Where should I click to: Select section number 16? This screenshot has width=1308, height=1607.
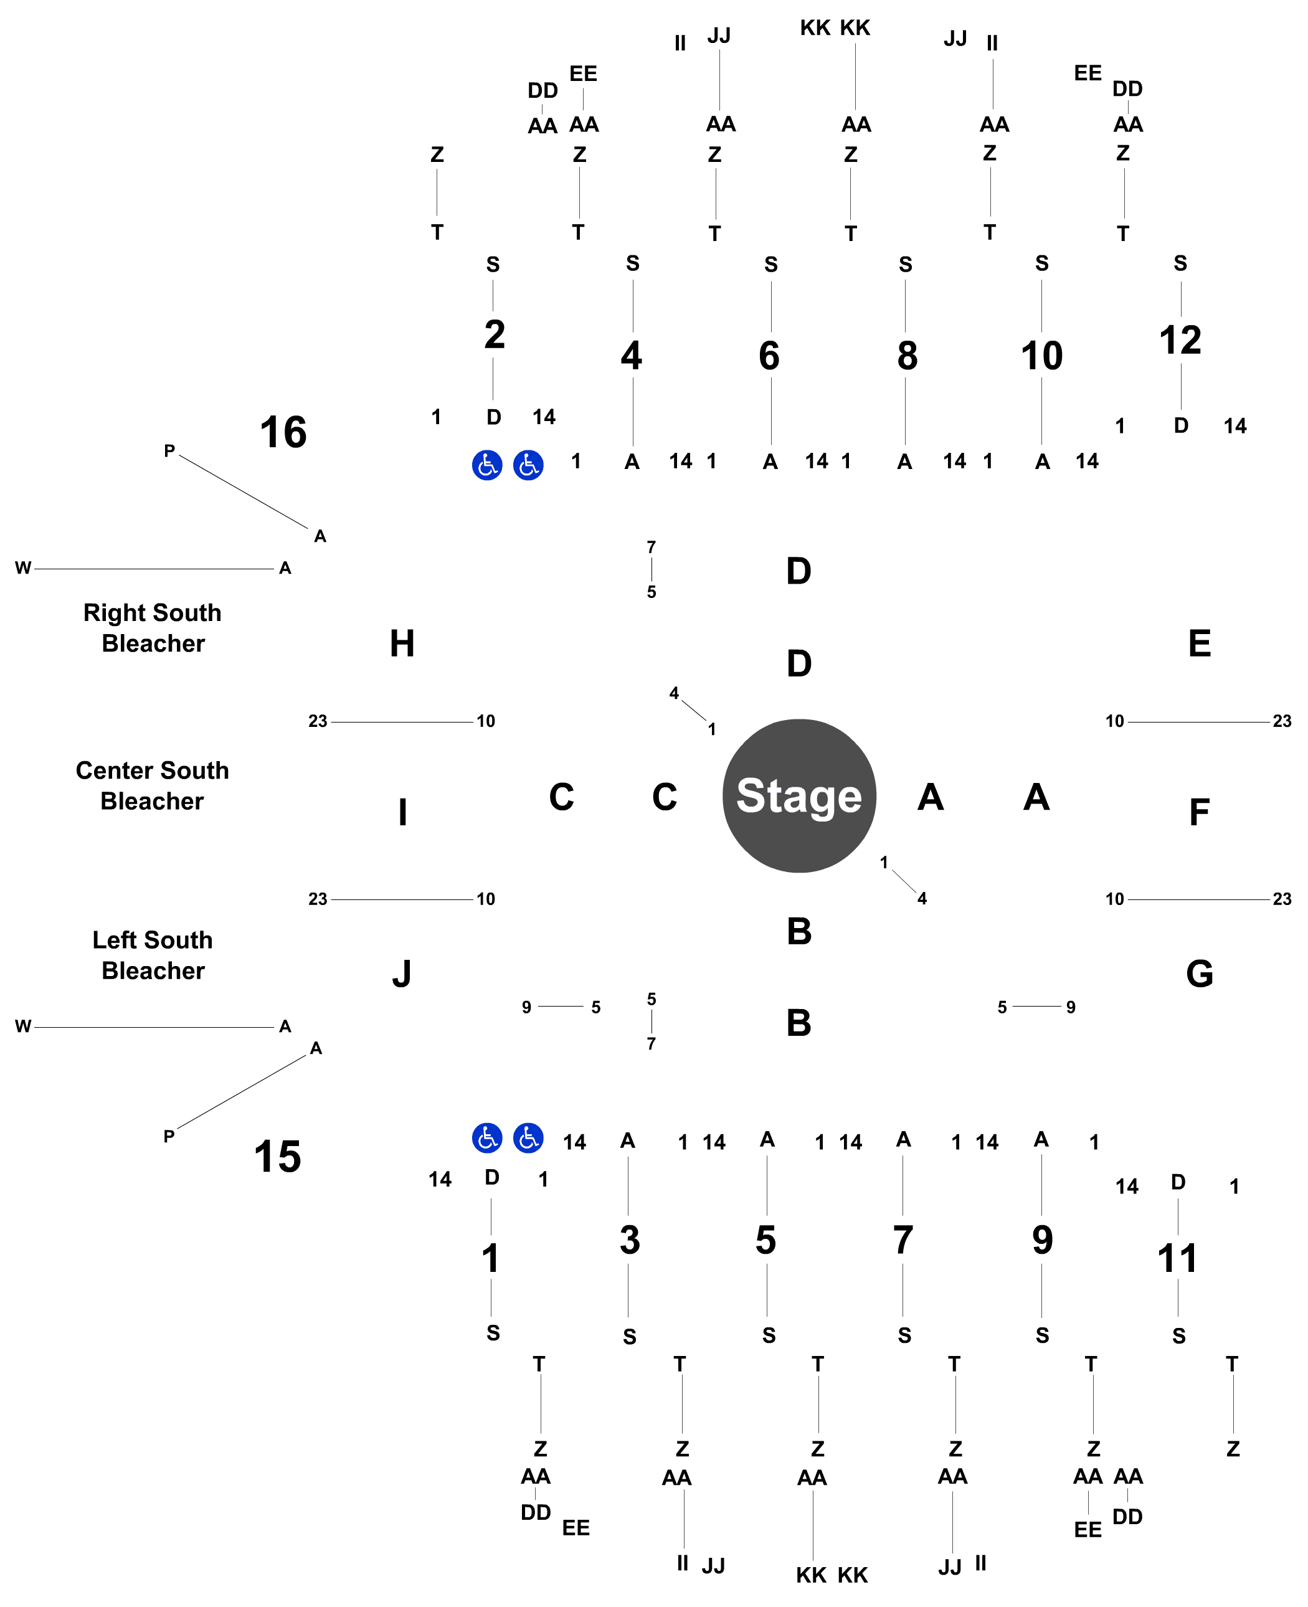283,432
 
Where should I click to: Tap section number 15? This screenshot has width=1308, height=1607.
277,1157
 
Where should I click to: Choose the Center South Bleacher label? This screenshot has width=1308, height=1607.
152,786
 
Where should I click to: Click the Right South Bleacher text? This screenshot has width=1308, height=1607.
152,628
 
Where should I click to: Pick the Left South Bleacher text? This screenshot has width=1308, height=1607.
152,955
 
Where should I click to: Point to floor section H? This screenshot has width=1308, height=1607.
402,643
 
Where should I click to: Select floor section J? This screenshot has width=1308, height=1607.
402,974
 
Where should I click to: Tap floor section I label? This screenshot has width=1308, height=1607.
402,812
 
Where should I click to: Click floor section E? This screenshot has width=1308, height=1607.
1199,643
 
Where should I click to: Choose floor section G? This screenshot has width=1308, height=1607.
1200,974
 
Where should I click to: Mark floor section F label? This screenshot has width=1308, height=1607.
1199,812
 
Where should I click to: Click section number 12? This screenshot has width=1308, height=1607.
1180,341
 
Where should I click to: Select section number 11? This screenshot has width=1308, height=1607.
1177,1259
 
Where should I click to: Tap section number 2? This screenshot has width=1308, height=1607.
495,334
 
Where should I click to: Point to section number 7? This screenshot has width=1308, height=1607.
903,1240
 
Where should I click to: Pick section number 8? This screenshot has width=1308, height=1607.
906,356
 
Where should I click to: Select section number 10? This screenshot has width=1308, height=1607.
1041,356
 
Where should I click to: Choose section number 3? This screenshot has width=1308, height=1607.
630,1240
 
